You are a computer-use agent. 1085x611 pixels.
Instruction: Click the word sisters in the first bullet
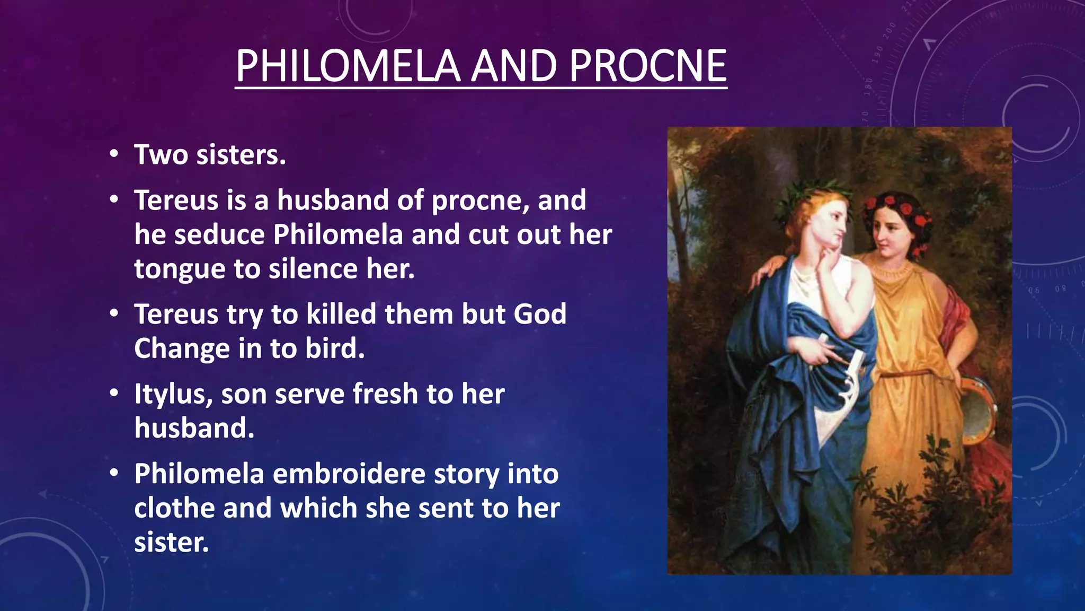coord(241,155)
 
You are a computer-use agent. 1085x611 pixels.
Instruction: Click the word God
coord(540,314)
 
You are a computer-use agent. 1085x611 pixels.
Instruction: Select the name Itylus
coord(173,395)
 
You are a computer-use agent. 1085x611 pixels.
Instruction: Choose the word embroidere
coord(349,474)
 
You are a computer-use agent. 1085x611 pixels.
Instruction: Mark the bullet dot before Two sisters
coord(114,155)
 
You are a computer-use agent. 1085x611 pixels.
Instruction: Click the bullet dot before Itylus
coord(114,394)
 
